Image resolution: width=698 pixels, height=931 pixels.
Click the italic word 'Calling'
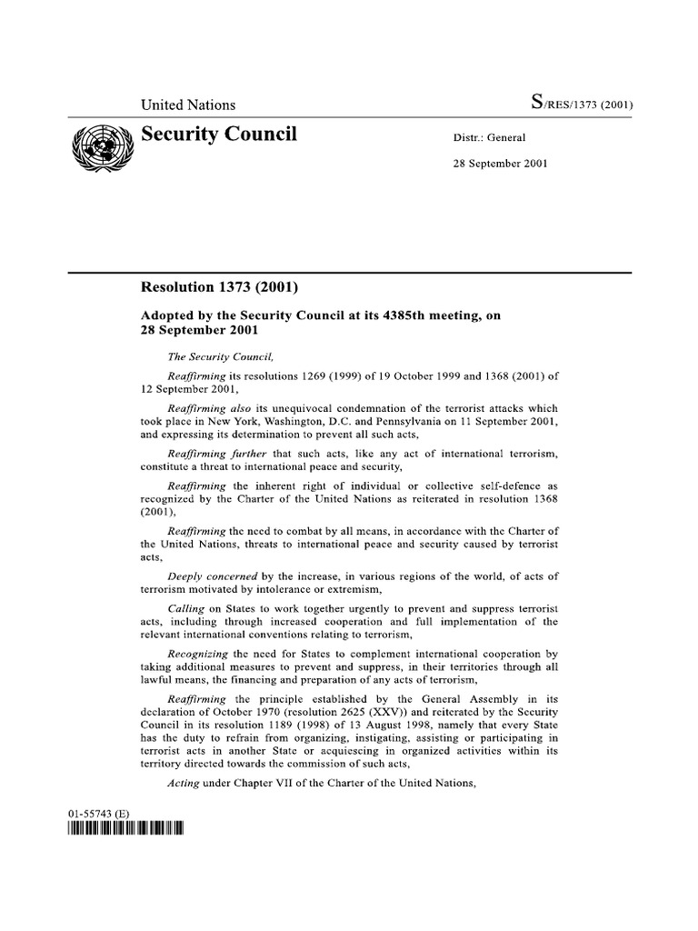point(186,606)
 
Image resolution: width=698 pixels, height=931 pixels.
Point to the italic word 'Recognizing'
point(199,653)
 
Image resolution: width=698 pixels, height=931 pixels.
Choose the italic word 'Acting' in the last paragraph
point(184,783)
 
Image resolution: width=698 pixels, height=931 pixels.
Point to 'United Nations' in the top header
point(188,105)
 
